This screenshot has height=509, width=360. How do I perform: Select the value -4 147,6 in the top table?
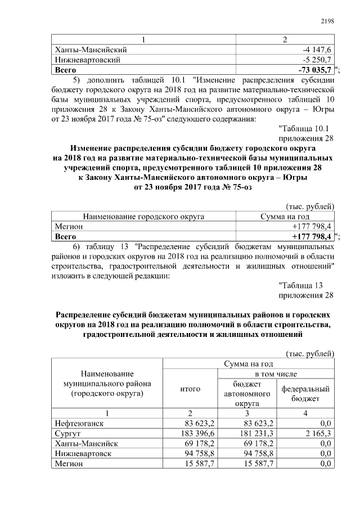[x=317, y=49]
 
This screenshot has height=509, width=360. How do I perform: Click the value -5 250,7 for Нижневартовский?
[x=317, y=60]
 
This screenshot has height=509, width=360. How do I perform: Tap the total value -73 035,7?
[x=316, y=70]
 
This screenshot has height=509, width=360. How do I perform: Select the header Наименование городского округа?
[x=143, y=216]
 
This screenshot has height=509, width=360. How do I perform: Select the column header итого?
[x=190, y=388]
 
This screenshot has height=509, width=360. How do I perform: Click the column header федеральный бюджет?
[x=305, y=393]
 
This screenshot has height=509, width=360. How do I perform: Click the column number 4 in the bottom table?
[x=305, y=413]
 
